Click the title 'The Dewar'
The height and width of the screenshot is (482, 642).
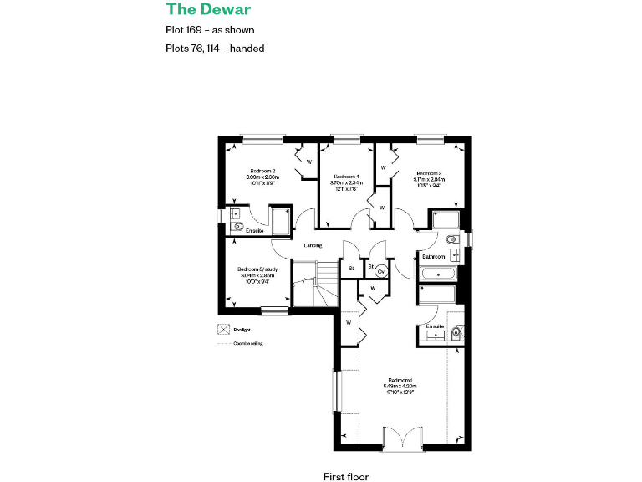click(208, 10)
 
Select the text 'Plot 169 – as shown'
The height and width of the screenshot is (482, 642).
click(210, 30)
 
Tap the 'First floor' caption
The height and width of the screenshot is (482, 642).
click(346, 476)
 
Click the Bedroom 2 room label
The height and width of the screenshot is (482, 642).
click(261, 171)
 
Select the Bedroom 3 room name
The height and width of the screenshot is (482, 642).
click(428, 173)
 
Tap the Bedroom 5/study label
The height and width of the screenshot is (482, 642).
click(258, 269)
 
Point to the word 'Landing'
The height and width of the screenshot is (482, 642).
click(313, 245)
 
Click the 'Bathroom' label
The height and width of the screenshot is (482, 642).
click(433, 257)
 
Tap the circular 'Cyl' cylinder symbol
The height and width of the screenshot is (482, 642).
click(381, 271)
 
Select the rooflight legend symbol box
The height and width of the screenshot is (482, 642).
click(223, 329)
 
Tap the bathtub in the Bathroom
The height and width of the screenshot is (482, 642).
click(436, 274)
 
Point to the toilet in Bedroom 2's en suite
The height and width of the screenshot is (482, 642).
click(237, 227)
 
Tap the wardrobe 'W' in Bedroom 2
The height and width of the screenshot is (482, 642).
click(308, 161)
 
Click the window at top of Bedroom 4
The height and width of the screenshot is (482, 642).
click(345, 138)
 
